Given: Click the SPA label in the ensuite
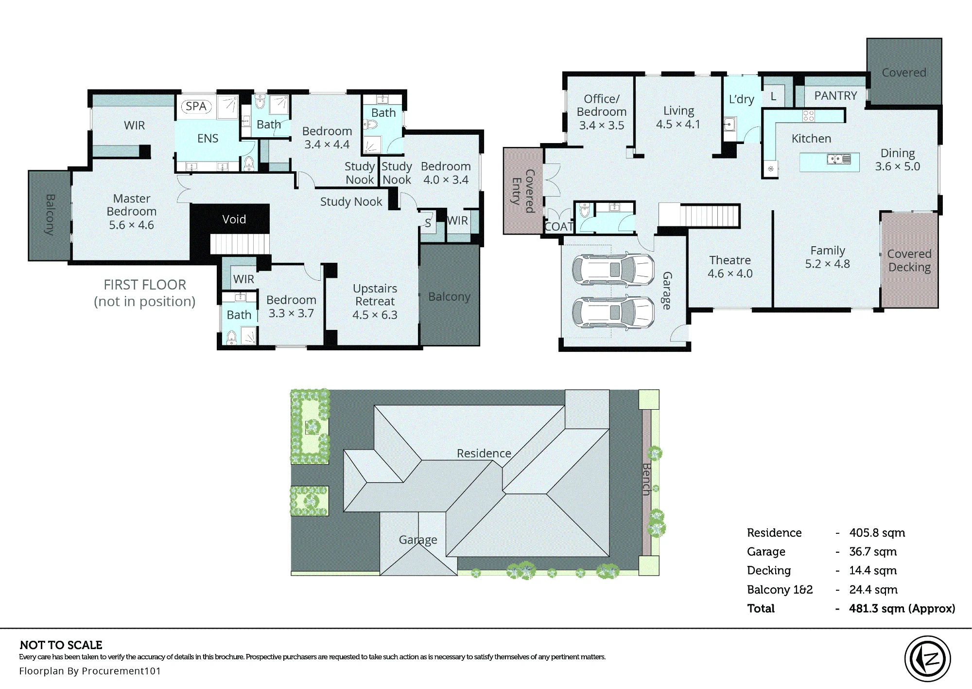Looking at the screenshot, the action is tap(196, 106).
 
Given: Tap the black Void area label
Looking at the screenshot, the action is tap(234, 219).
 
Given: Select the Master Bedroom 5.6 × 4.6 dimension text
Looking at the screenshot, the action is tap(131, 225).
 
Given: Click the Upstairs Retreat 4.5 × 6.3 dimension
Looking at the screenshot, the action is tap(375, 315).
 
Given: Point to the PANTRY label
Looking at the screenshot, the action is tap(835, 96).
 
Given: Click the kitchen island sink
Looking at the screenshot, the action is tap(839, 159).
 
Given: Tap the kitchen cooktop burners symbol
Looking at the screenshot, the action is tap(808, 116).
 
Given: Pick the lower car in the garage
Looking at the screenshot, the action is tap(613, 312).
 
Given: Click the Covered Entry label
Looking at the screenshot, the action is tap(523, 191).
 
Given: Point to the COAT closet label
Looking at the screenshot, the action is tap(559, 227).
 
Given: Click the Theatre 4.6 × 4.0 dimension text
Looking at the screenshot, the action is tap(730, 273).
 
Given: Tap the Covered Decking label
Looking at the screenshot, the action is tap(909, 261).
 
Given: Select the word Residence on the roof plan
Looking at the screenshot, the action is tap(484, 453).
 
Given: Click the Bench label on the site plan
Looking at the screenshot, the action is tap(646, 479).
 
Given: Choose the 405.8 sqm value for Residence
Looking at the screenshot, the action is tap(877, 533).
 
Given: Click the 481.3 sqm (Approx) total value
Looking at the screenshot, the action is tap(902, 609).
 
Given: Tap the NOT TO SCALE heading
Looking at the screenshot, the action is tap(61, 645).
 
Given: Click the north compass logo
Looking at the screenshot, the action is tap(927, 659).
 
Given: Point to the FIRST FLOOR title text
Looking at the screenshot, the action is tap(145, 285).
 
